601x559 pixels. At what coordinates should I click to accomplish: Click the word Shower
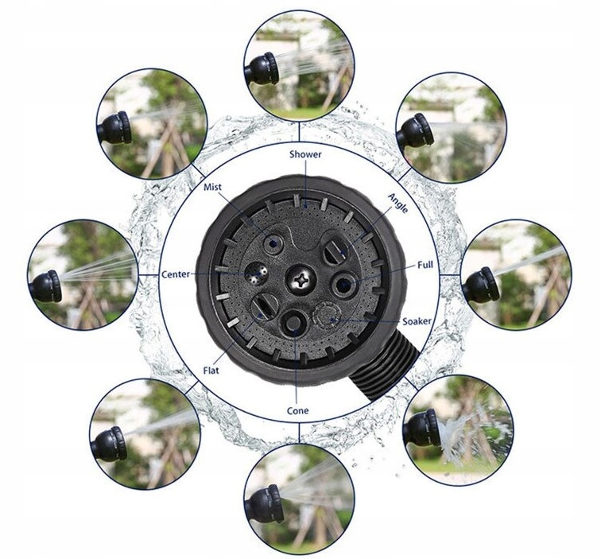coord(305,154)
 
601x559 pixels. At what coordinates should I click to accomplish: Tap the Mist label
coord(212,187)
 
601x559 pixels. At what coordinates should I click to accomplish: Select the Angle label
coord(397,203)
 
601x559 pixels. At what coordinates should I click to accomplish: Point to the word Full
coord(425,265)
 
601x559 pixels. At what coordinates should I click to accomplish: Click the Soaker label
coord(417,321)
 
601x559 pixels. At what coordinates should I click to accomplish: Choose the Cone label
coord(297,410)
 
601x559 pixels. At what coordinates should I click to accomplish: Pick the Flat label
coord(211,371)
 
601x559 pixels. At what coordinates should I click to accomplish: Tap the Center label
coord(176,274)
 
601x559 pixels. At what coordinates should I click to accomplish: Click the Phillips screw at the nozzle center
coord(300,280)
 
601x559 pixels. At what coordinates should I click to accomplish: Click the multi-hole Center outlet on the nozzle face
coord(257,274)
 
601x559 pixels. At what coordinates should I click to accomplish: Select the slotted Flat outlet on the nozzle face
coord(265,305)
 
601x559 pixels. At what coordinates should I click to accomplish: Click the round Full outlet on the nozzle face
coord(343,284)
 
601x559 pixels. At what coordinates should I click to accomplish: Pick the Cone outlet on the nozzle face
coord(293,322)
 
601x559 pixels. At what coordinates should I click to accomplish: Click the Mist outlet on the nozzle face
coord(273,243)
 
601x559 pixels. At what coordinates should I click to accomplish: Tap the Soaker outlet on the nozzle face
coord(326,315)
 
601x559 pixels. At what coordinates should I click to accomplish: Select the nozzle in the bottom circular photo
coord(264,503)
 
